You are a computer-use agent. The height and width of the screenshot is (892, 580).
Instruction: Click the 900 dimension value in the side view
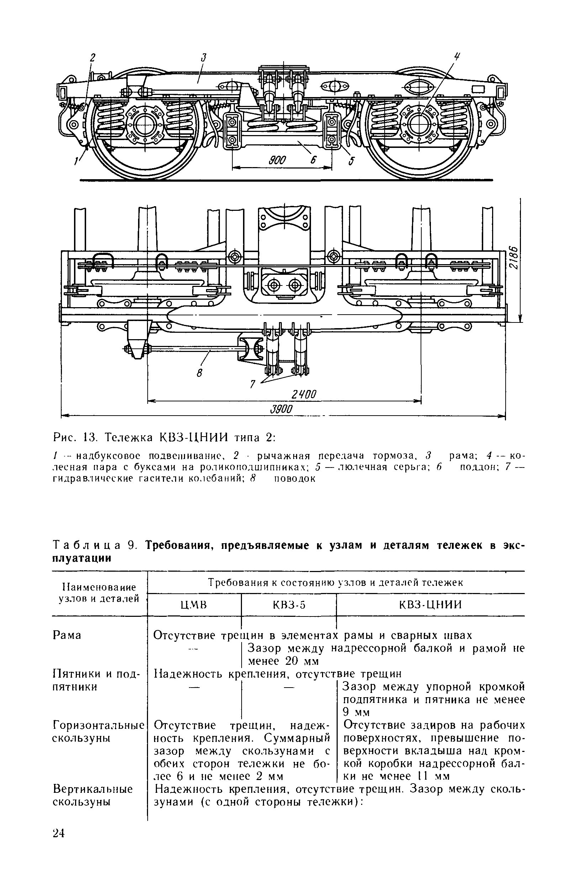[278, 161]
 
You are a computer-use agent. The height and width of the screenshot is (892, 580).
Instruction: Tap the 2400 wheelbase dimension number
[304, 394]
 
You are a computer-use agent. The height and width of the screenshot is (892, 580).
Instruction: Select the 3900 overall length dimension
[281, 409]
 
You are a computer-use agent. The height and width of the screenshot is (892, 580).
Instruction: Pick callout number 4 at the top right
[457, 57]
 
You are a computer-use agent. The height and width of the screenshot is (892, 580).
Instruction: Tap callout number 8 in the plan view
[200, 373]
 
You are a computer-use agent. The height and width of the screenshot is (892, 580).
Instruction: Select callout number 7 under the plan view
[253, 384]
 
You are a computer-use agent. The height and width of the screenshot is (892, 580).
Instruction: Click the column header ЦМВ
[194, 605]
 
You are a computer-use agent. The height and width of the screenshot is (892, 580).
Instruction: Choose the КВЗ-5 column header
[288, 605]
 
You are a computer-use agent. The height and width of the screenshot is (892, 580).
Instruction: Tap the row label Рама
[67, 635]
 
